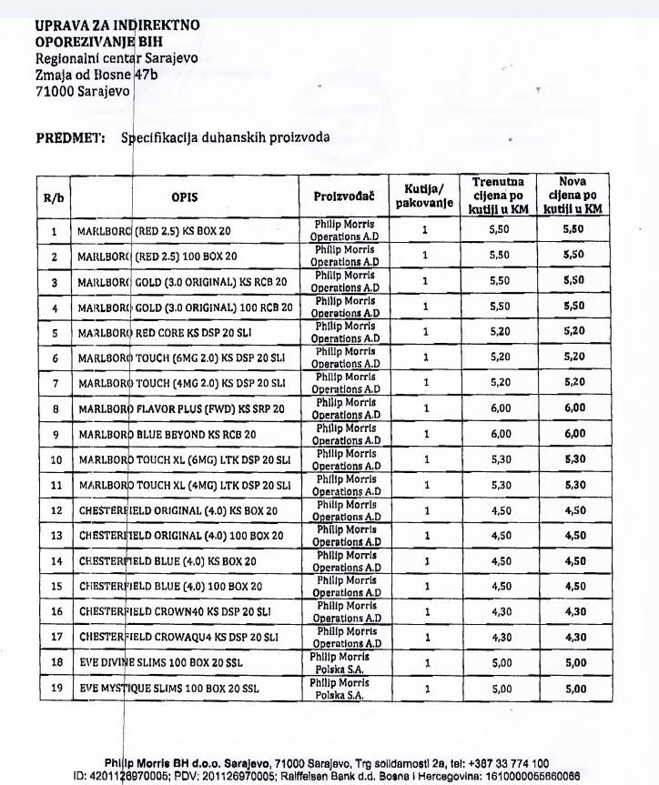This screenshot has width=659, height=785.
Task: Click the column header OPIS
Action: point(184,196)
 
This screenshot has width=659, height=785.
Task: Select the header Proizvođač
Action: point(341,196)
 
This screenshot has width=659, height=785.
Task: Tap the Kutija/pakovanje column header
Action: point(424,196)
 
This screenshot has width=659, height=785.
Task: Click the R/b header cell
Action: point(54,196)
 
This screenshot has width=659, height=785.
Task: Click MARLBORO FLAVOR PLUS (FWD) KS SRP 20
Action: point(181,409)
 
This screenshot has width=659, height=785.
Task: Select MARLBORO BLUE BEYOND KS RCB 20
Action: point(167,435)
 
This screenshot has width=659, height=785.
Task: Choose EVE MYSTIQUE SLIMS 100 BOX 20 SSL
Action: point(167,689)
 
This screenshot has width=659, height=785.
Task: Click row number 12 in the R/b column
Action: point(55,510)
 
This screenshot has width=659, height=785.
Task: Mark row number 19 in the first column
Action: point(55,689)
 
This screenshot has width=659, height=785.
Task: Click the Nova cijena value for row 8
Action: point(573,409)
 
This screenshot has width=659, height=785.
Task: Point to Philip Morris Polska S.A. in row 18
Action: point(340,662)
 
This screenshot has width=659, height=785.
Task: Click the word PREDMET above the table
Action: point(66,138)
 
